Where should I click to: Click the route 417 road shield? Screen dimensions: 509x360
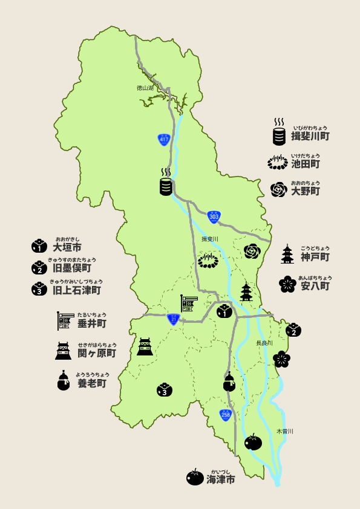[163, 139]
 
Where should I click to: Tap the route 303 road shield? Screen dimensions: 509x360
[214, 216]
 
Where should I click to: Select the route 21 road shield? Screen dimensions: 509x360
[174, 319]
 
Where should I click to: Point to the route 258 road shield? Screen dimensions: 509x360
[226, 415]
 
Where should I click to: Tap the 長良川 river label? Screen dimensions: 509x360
[264, 343]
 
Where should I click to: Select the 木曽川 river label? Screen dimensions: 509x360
[284, 431]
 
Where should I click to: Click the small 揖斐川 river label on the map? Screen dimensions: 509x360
[209, 239]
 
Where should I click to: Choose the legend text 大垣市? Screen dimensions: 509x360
[67, 247]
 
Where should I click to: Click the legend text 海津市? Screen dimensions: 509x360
[220, 479]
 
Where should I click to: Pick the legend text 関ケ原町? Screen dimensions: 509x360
[96, 352]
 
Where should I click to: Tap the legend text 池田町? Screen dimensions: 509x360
[306, 163]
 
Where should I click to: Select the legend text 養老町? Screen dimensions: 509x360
[92, 383]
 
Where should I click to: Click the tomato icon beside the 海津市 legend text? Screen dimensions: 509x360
[195, 478]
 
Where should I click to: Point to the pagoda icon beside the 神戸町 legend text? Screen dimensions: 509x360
[287, 254]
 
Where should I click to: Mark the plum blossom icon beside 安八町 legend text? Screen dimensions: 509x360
[287, 284]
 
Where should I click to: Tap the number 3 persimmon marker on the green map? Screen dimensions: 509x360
[164, 390]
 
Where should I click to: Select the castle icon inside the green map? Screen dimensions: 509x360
[145, 346]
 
